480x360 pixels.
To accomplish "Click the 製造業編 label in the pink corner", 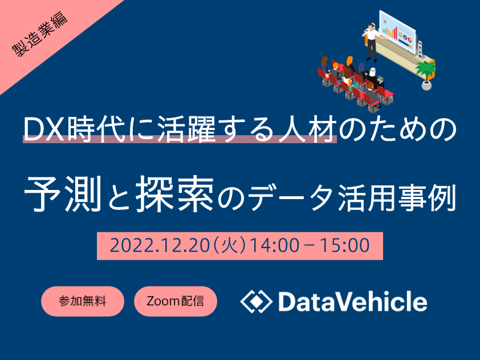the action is tap(40, 34).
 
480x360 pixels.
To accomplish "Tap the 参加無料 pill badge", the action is tap(82, 301).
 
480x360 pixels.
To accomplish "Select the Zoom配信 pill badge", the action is tap(176, 301).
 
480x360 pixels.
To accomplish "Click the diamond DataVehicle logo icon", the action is tap(256, 301).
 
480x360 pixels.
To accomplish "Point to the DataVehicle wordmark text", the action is tap(353, 301).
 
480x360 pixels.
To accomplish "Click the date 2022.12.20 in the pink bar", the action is tap(160, 246).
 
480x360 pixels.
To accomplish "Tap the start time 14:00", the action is tap(275, 246).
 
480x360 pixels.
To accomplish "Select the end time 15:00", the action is tap(345, 246).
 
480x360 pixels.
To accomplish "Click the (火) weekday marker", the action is tap(230, 246).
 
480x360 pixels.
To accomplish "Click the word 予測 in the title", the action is tap(63, 194).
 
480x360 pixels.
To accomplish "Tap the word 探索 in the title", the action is tap(175, 194).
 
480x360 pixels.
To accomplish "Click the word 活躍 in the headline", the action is tap(187, 129).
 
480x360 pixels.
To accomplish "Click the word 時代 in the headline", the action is tap(96, 129).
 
